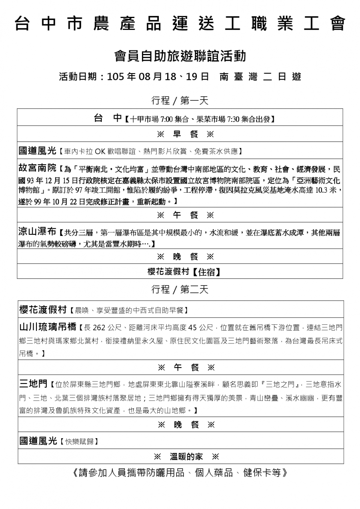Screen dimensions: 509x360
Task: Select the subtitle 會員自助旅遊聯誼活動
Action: coord(180,56)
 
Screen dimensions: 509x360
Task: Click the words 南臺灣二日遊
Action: coord(260,77)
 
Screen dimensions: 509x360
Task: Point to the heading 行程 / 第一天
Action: coord(180,100)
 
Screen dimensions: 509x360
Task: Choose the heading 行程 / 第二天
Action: coord(180,289)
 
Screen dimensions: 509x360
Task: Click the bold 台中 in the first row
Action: coord(107,118)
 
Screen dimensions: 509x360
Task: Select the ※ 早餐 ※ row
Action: coord(180,134)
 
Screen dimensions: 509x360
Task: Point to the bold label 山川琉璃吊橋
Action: coord(48,327)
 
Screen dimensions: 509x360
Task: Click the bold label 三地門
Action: coord(33,384)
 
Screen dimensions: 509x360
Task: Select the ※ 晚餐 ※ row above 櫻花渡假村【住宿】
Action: coord(180,256)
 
